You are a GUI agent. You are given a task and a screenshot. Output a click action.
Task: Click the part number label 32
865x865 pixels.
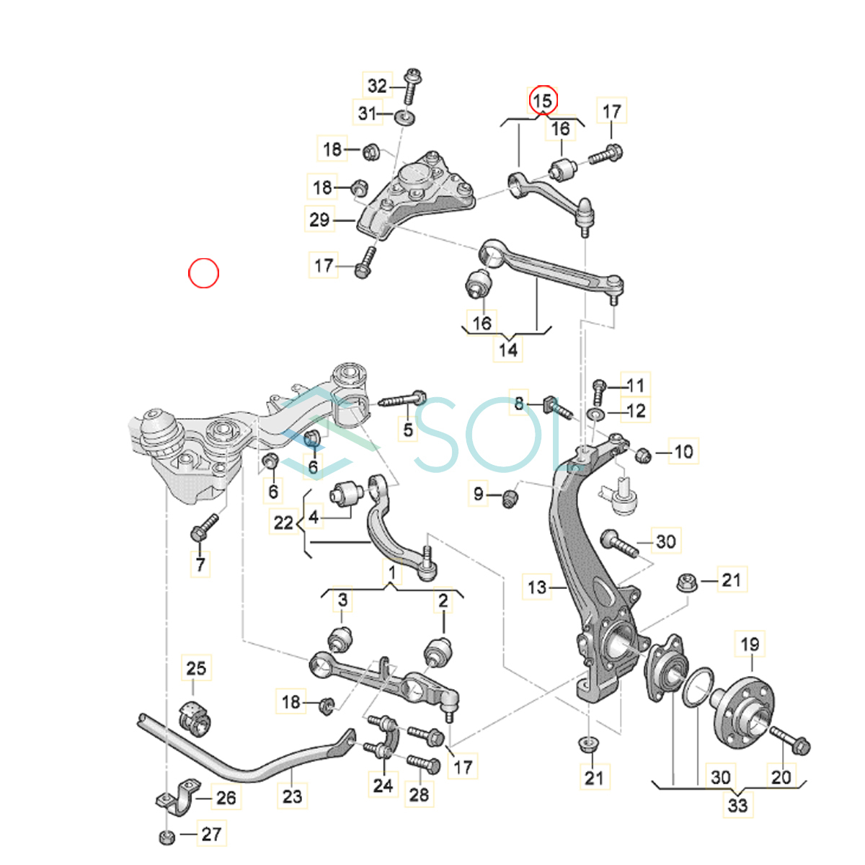tap(377, 86)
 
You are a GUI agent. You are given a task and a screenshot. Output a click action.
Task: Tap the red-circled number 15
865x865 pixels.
tap(543, 100)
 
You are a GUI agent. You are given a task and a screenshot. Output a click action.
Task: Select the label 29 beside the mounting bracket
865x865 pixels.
tap(319, 220)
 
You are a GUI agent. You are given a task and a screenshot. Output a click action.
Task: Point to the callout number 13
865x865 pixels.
tap(537, 587)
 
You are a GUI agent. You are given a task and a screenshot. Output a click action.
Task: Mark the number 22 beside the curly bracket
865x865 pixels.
tap(283, 523)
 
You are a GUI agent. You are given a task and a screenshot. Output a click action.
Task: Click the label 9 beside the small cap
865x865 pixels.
tap(478, 494)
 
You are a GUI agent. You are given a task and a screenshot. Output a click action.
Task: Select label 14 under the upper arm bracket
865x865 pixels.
tap(508, 350)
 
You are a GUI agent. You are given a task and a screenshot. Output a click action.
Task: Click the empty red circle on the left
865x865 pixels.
tap(203, 273)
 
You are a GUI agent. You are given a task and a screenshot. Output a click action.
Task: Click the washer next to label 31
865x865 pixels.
tap(404, 118)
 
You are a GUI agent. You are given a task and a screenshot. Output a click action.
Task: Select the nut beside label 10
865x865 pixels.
tap(643, 456)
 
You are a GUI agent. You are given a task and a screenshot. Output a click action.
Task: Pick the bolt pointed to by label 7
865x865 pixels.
tap(204, 527)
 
